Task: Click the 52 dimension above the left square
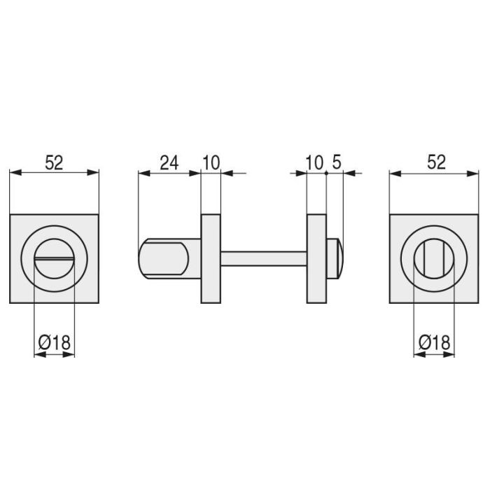54,163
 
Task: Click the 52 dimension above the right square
436,162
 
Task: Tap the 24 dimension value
169,163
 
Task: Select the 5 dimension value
336,162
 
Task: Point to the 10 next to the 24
211,163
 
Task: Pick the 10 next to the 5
314,163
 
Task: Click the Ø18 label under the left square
54,342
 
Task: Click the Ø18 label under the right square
435,342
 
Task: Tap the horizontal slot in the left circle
55,259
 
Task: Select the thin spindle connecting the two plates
264,259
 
